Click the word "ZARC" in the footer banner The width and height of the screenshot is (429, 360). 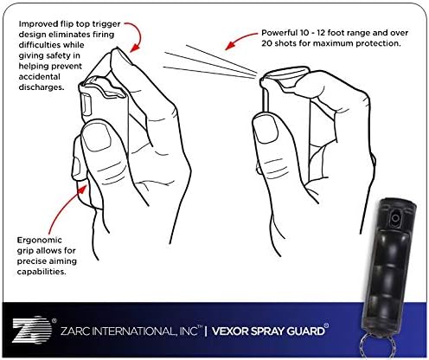pyautogui.click(x=75, y=329)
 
